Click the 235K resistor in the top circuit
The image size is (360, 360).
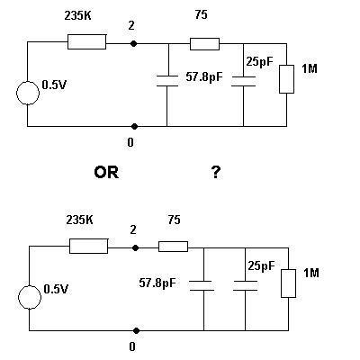[86, 41]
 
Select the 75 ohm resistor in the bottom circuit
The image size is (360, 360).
[174, 247]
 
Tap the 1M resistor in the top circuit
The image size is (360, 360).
[286, 79]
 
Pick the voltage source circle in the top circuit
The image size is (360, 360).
[28, 93]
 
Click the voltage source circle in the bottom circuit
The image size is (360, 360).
[30, 297]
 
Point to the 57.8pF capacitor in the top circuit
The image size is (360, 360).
[167, 81]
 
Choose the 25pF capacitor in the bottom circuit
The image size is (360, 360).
[245, 285]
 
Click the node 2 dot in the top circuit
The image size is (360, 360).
[134, 44]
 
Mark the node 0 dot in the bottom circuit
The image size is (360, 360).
[136, 330]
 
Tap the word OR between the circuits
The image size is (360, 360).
[106, 173]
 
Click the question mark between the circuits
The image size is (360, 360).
[216, 173]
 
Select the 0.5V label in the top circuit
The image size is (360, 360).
[54, 85]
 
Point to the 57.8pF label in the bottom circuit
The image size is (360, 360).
[157, 283]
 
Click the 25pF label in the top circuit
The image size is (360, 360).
[260, 61]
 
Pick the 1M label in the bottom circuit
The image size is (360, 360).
[311, 273]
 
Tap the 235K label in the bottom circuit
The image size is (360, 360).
[79, 220]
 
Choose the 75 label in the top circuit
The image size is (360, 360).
[201, 14]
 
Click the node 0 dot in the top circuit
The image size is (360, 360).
[134, 126]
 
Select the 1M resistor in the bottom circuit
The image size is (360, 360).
[288, 283]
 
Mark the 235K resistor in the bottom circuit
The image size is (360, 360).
[88, 246]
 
